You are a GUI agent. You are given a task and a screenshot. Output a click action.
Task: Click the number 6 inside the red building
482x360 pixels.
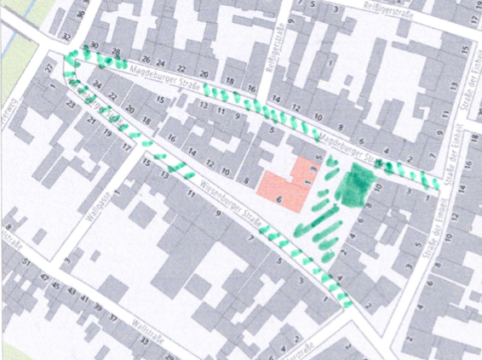click(x=278, y=196)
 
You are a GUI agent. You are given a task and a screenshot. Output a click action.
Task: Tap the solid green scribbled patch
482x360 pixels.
click(x=353, y=184)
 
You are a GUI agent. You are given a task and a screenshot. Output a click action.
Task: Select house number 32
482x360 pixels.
click(x=66, y=37)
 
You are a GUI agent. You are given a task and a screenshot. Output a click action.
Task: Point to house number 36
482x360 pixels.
click(x=80, y=14)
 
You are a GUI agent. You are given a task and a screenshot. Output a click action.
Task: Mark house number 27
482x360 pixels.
click(x=49, y=68)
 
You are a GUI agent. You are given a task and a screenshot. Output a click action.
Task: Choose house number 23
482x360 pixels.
click(x=70, y=105)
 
